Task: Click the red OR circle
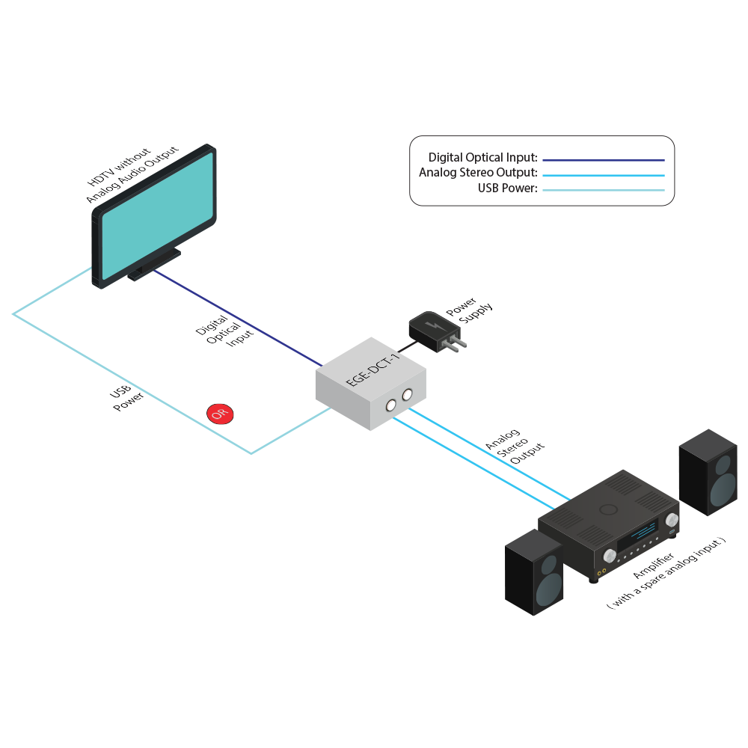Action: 220,413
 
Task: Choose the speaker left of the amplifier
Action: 534,572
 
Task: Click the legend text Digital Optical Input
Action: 482,158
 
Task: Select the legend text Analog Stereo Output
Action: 478,173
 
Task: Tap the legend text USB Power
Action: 508,188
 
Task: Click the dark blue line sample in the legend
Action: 604,159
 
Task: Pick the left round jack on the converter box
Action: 390,405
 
